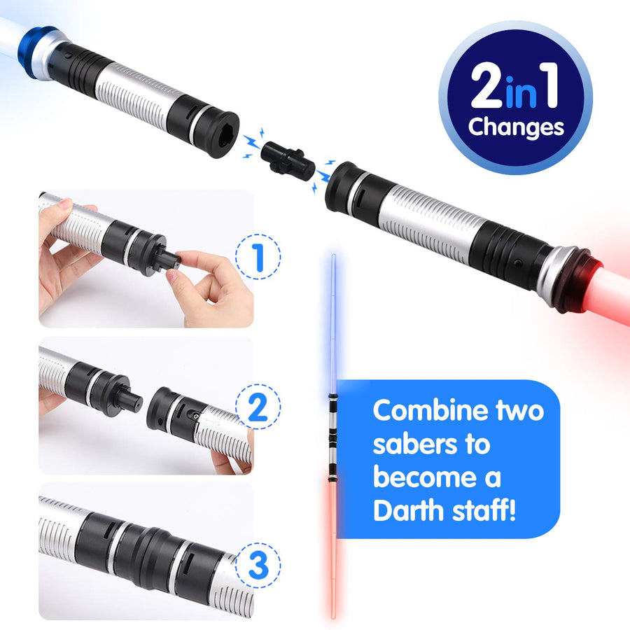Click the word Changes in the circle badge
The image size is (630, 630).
pos(515,127)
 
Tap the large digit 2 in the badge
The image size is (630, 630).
pos(487,87)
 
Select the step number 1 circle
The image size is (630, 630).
pos(258,258)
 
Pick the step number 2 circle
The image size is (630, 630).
pos(258,407)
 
